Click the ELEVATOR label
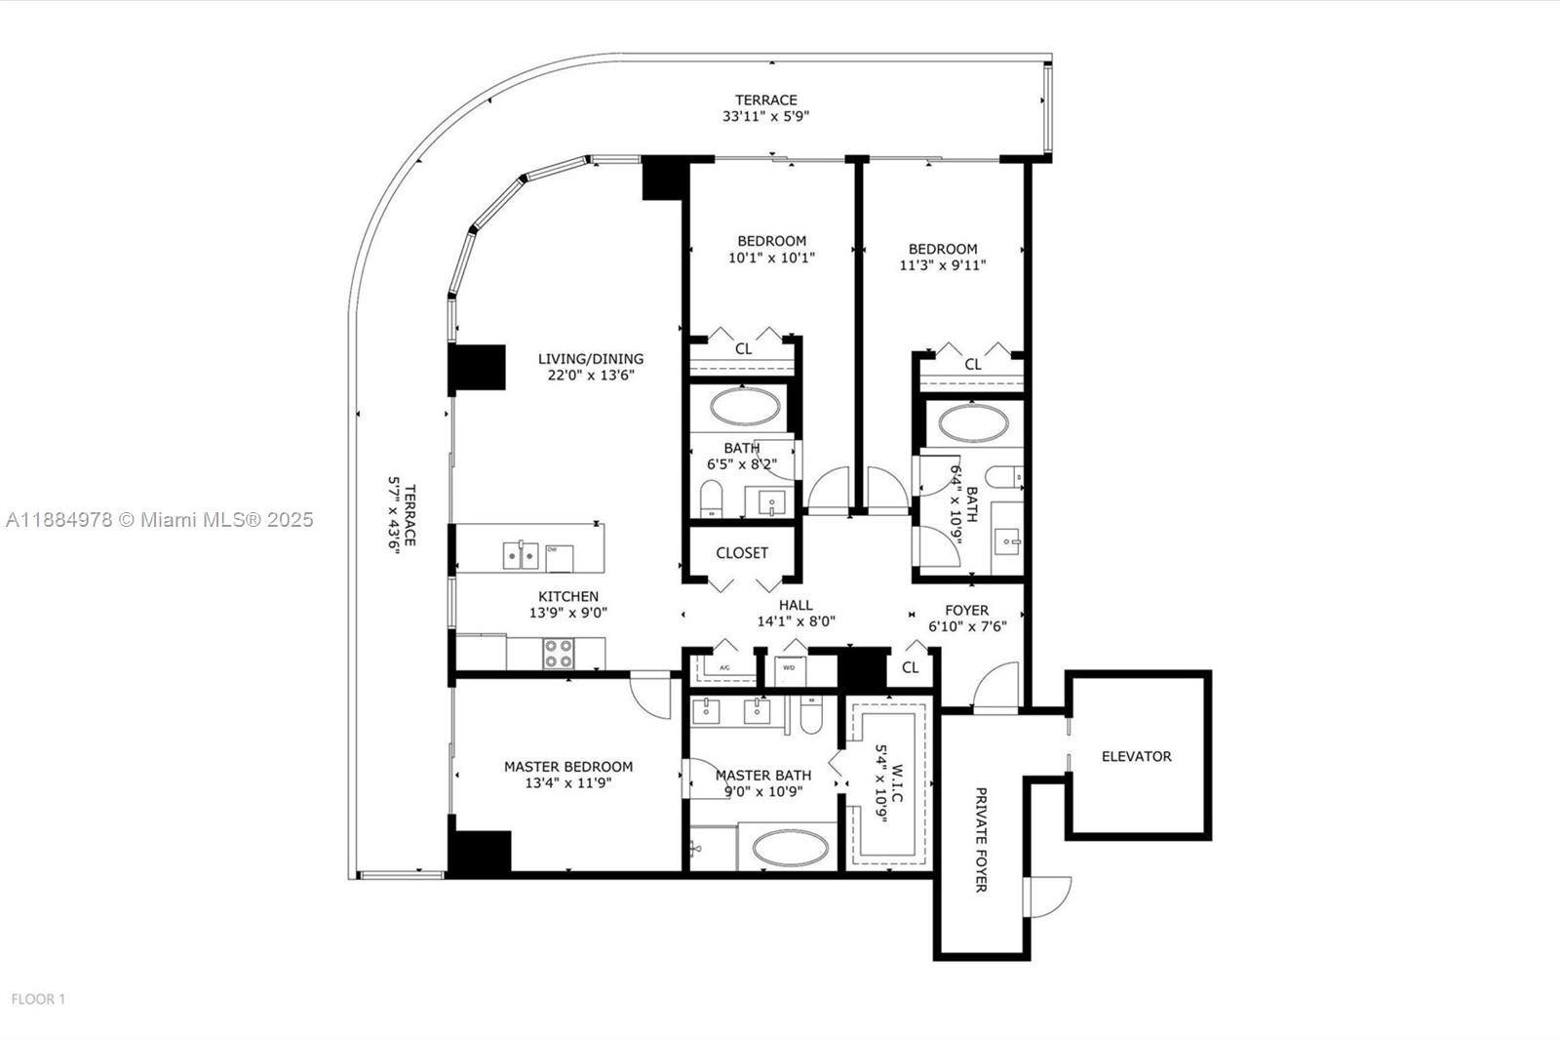[x=1136, y=756]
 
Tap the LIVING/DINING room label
[x=591, y=359]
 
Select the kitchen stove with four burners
[x=559, y=653]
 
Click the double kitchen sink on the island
[x=520, y=555]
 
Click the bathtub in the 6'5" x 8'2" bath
[x=743, y=407]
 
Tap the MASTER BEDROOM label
[x=567, y=767]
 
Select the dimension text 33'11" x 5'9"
[x=765, y=116]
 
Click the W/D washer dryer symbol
[x=791, y=669]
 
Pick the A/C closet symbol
[x=724, y=668]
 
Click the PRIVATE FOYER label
[x=981, y=839]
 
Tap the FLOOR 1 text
[x=38, y=999]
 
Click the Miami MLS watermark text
[x=160, y=520]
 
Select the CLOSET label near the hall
[x=742, y=553]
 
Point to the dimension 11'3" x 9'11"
[x=942, y=264]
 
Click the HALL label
[x=796, y=605]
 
